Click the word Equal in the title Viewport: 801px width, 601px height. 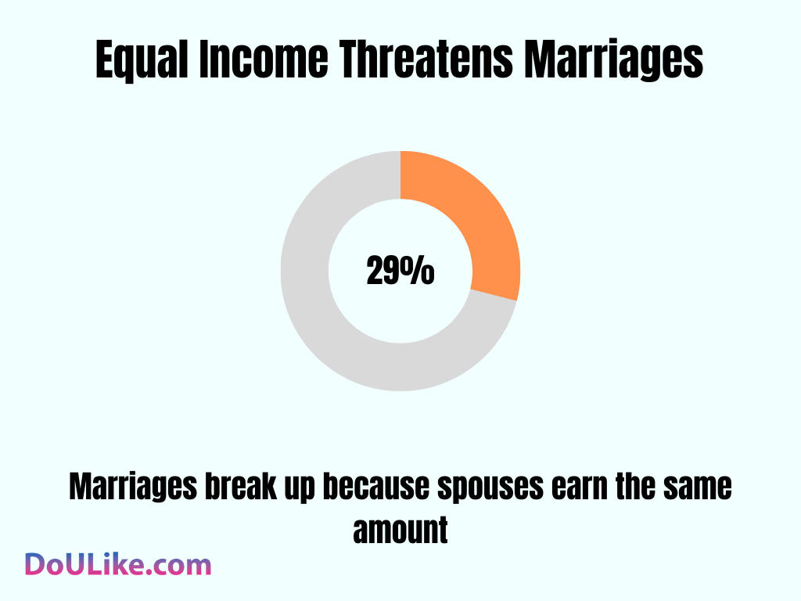pyautogui.click(x=142, y=61)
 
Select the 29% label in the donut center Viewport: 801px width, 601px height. pyautogui.click(x=400, y=272)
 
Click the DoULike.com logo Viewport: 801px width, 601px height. pyautogui.click(x=118, y=565)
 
